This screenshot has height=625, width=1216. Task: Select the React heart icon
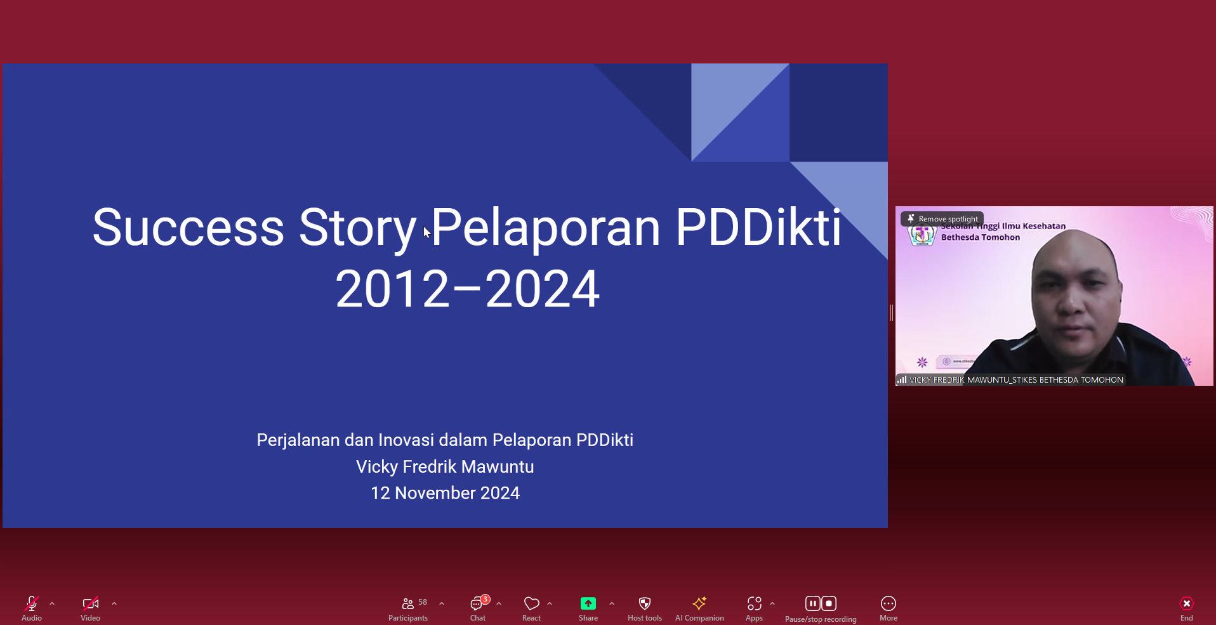click(x=532, y=603)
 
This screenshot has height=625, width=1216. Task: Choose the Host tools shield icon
click(x=645, y=603)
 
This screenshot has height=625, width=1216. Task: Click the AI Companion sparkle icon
click(x=699, y=603)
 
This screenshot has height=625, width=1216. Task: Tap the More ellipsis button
click(x=889, y=603)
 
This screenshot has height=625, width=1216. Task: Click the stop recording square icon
click(x=829, y=603)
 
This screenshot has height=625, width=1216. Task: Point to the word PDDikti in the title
click(x=758, y=227)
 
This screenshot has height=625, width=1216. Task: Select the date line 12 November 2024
click(x=445, y=493)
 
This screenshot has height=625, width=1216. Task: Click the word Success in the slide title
click(x=188, y=227)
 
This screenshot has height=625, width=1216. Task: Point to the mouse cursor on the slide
click(x=426, y=232)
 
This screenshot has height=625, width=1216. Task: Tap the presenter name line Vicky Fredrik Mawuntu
click(x=445, y=467)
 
